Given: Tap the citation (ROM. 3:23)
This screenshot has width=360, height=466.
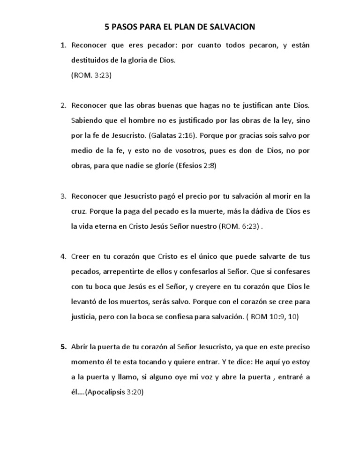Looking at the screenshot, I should point(91,75).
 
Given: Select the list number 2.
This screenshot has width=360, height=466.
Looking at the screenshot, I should point(62,105).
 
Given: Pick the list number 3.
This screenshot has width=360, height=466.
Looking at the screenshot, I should point(62,195).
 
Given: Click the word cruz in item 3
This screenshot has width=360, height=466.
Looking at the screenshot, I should point(79,210).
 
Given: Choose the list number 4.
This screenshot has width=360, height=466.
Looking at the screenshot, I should point(62,256).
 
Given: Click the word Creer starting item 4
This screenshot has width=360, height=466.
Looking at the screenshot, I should point(81,256).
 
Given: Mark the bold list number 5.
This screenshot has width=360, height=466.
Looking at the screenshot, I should point(62,346).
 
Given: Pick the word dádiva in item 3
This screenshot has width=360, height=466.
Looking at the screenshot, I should point(260,210).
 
